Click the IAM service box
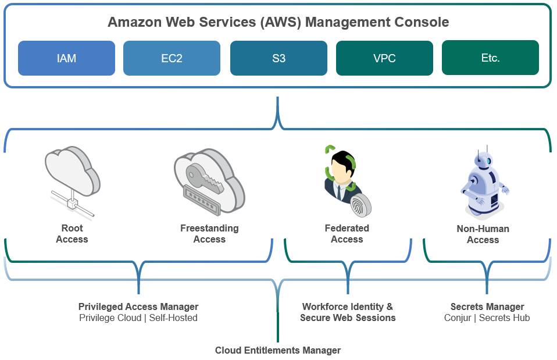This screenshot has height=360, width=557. coord(66,58)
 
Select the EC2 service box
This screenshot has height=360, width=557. coord(172,58)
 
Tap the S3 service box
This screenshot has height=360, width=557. coord(278,58)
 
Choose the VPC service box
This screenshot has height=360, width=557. coord(384,58)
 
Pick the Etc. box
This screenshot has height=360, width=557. coord(490,58)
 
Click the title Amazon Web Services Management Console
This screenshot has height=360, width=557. coord(278,22)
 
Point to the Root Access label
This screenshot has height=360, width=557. coord(72,234)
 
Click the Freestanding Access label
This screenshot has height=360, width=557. coord(209,234)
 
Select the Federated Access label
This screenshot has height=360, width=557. coord(347,234)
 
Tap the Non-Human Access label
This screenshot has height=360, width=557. coord(483,234)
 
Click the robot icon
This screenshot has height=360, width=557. coord(484,181)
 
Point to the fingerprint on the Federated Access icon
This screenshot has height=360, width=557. coord(360,205)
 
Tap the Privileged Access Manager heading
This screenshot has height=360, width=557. coord(138,306)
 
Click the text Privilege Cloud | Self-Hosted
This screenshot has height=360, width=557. coord(138,318)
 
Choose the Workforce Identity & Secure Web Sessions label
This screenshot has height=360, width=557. coord(348,312)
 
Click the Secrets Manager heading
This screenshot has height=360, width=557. coord(487,306)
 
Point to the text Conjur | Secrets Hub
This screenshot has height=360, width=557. coord(487,318)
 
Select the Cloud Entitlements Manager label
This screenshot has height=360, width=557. coord(278,350)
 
